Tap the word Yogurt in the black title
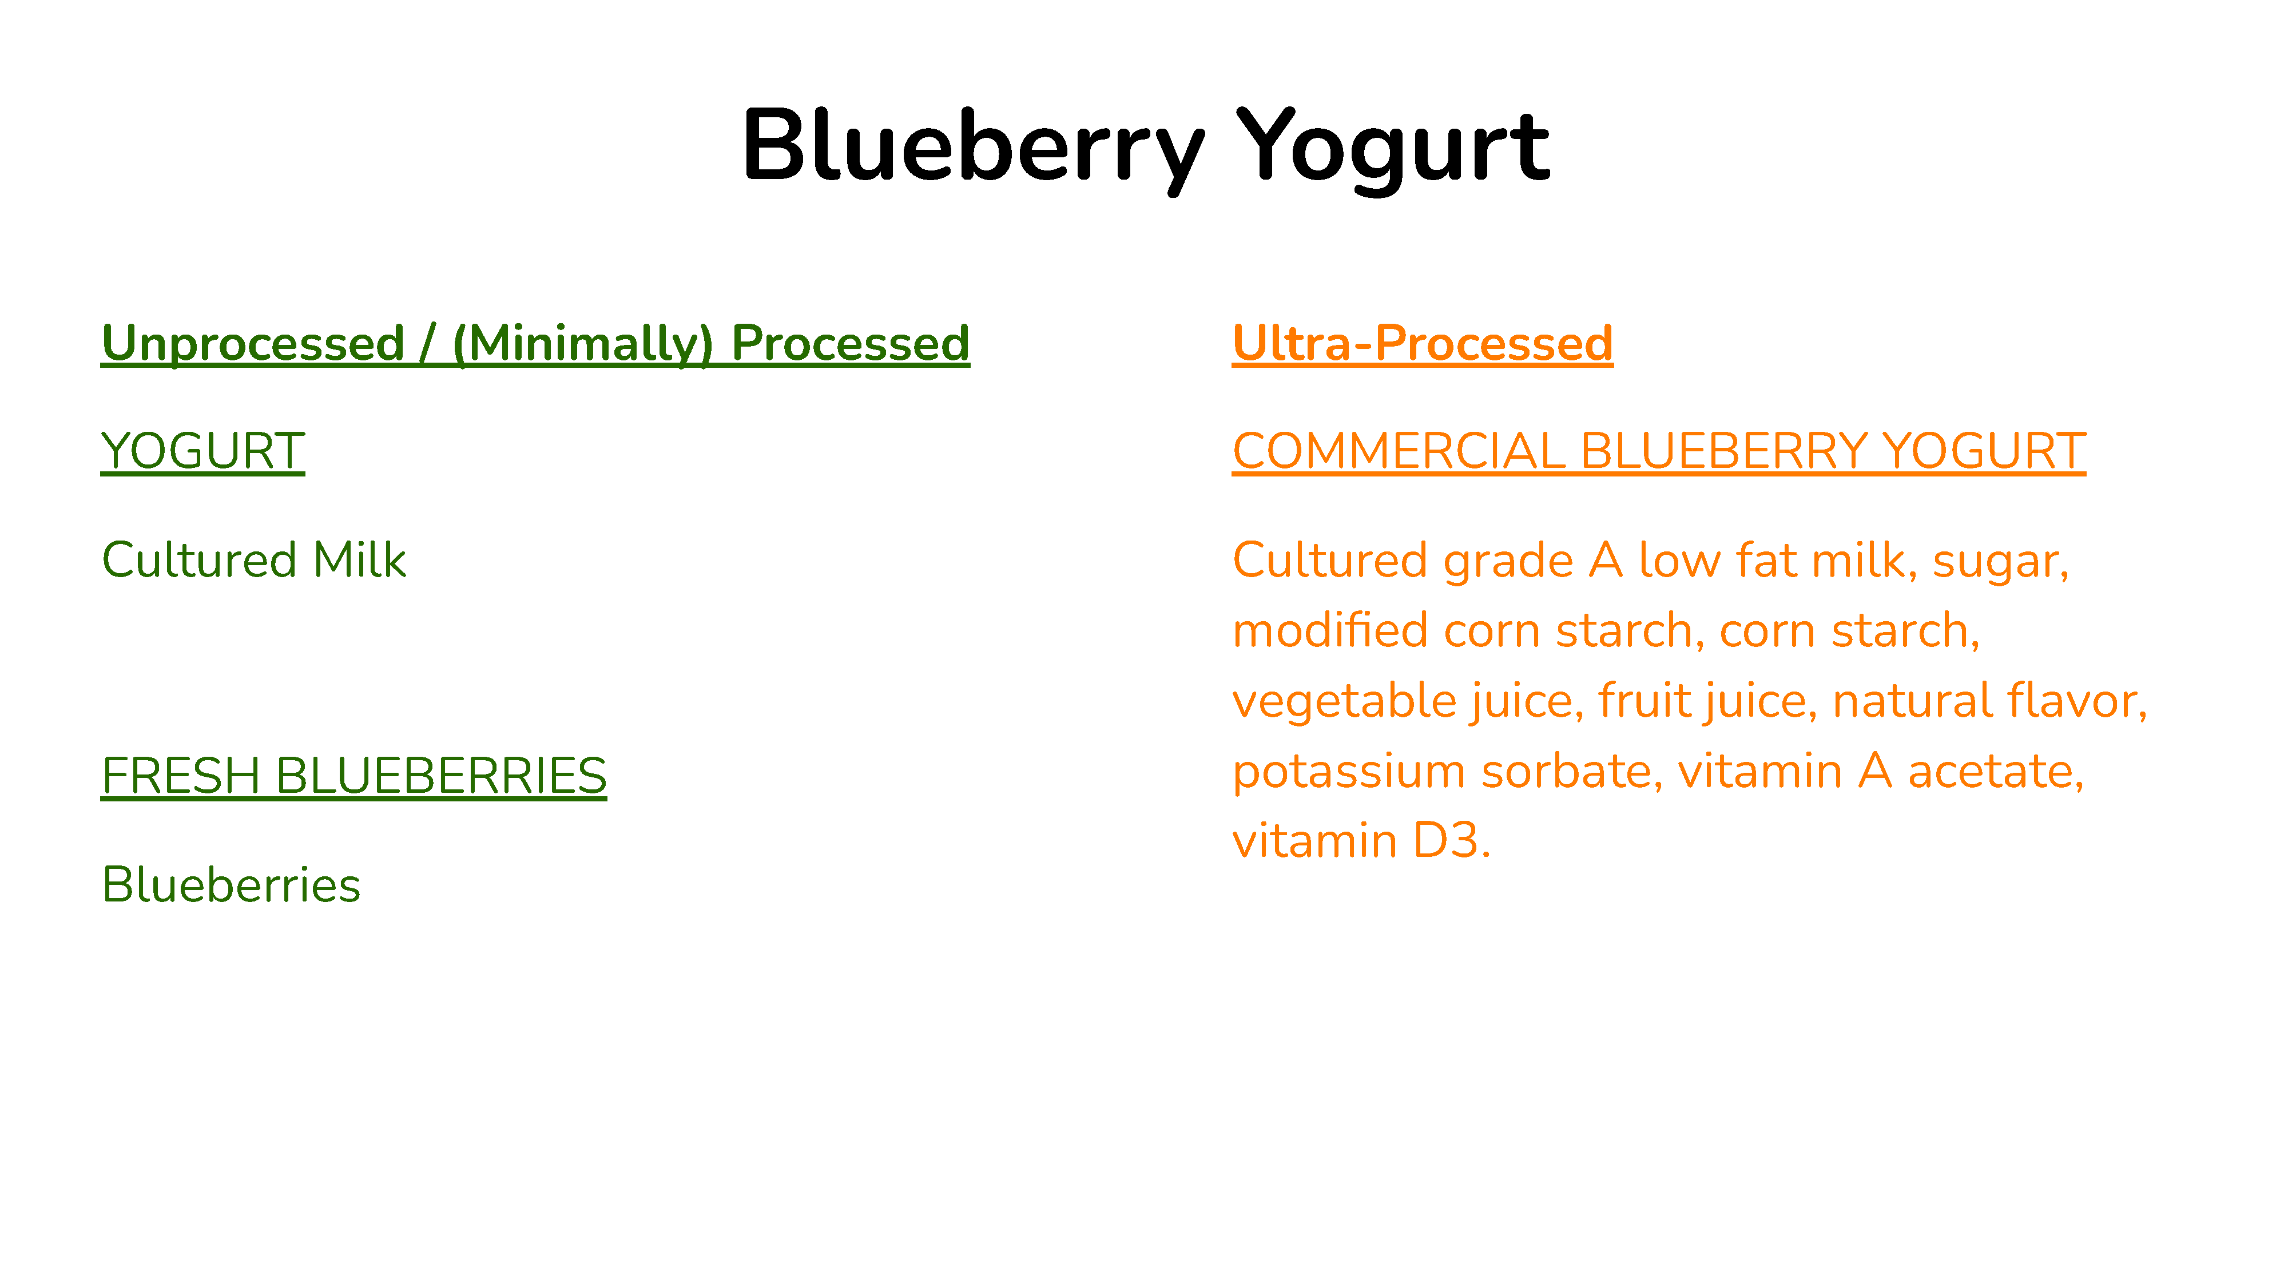click(x=1393, y=146)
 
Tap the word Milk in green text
click(x=360, y=561)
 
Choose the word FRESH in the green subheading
click(x=181, y=776)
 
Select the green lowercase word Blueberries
click(x=232, y=885)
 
